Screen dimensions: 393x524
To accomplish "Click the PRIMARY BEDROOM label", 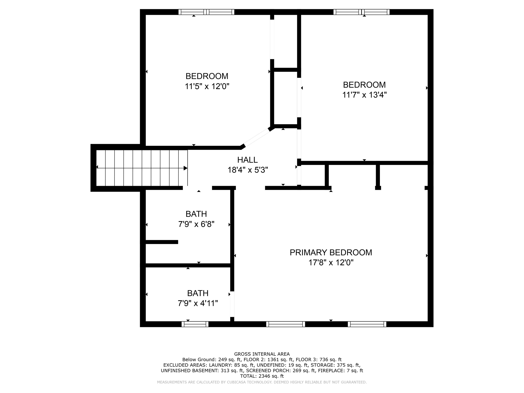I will (x=331, y=253).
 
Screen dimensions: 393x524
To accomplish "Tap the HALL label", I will (x=247, y=160).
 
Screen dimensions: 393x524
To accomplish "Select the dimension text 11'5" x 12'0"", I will (x=207, y=86).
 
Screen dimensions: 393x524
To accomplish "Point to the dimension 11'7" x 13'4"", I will (x=364, y=95).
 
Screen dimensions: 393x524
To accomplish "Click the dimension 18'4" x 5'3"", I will (x=248, y=170).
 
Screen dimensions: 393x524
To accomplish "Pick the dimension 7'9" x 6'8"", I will (x=196, y=224).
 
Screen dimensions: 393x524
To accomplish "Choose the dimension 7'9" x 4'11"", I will (x=198, y=303).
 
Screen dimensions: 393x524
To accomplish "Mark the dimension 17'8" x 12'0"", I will (x=331, y=263).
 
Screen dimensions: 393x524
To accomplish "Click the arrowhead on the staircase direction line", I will (x=185, y=168).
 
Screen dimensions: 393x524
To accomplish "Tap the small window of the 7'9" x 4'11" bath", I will (x=195, y=324).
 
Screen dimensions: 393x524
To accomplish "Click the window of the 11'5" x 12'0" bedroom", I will (x=206, y=12).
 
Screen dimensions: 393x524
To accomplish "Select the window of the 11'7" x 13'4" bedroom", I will (x=361, y=12).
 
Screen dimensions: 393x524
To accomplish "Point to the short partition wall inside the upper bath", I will (x=162, y=242).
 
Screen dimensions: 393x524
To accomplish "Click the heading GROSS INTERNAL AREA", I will (x=262, y=354).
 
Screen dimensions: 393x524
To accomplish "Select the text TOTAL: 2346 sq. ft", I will (x=262, y=376).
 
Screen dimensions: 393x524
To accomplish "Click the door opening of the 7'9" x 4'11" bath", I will (x=232, y=304).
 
